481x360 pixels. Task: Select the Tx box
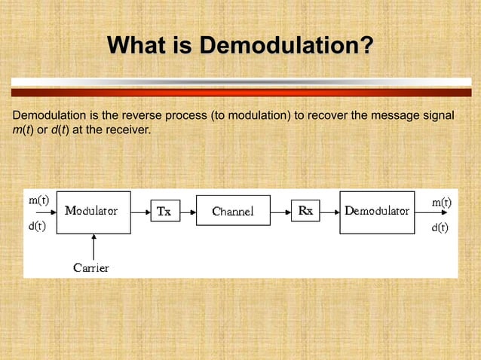165,212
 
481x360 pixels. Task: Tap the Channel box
232,212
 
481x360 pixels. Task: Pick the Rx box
305,212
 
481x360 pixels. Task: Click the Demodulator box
377,212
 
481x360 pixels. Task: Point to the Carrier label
91,268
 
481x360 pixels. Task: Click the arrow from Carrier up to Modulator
93,246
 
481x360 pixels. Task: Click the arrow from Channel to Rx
280,212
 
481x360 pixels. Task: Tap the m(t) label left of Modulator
39,200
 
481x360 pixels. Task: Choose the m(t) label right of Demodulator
441,203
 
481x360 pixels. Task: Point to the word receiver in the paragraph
127,130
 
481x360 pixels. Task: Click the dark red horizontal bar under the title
240,93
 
